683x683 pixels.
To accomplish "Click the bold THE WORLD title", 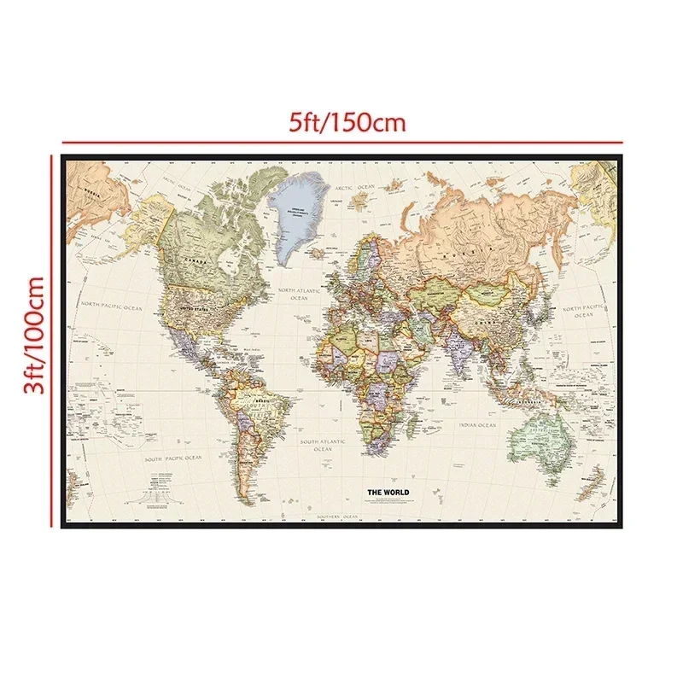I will (388, 493).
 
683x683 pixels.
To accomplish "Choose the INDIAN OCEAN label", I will (476, 424).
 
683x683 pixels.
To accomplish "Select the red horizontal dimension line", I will (341, 142).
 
